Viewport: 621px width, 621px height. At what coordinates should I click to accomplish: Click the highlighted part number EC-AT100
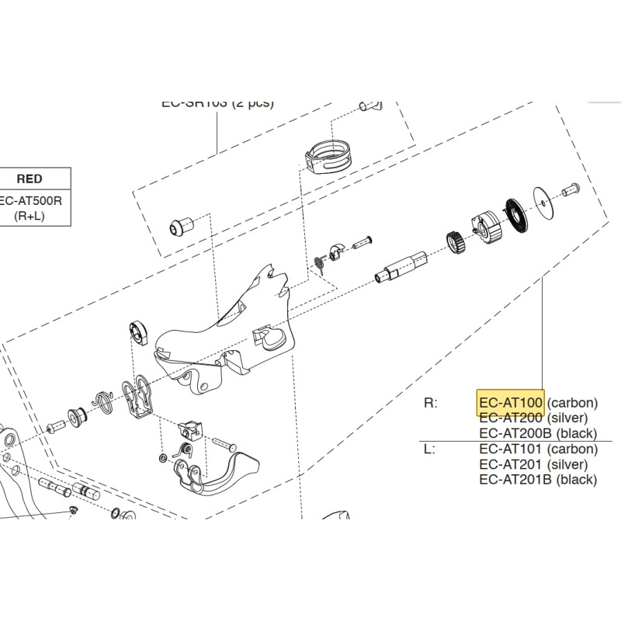coord(510,403)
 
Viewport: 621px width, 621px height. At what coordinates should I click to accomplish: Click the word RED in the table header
coord(29,179)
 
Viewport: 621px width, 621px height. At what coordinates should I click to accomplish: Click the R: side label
coord(431,403)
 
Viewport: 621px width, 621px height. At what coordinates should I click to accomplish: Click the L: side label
coord(429,449)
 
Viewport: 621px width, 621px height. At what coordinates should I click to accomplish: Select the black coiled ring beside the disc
coord(515,214)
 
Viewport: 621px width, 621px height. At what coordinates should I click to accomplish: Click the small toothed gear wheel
coord(456,242)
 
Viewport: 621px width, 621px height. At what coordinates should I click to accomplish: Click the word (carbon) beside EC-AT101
coord(573,449)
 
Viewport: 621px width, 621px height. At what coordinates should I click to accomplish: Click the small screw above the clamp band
coord(364,106)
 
